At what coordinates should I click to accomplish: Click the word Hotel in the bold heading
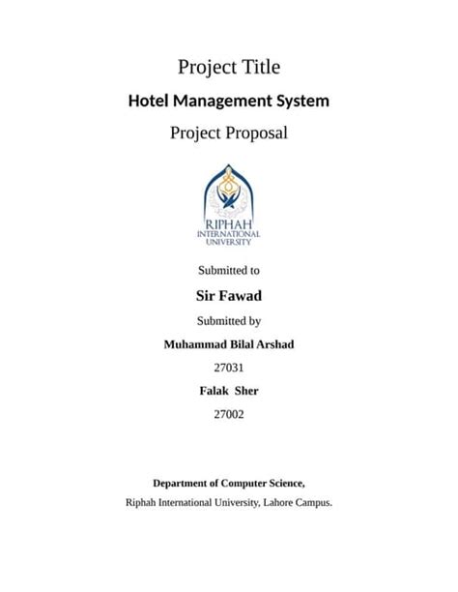[x=151, y=101]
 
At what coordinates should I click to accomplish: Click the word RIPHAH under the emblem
[x=229, y=224]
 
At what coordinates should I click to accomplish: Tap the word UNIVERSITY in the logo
[x=229, y=242]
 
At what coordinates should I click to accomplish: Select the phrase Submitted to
[x=229, y=271]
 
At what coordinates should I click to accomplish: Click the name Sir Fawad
[x=229, y=295]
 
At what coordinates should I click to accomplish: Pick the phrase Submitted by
[x=229, y=320]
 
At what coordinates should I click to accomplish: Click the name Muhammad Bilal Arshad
[x=229, y=344]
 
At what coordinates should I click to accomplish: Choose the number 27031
[x=229, y=368]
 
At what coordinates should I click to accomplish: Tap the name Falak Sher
[x=229, y=391]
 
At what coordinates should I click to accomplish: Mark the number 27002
[x=229, y=414]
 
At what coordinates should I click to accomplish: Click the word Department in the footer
[x=182, y=483]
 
